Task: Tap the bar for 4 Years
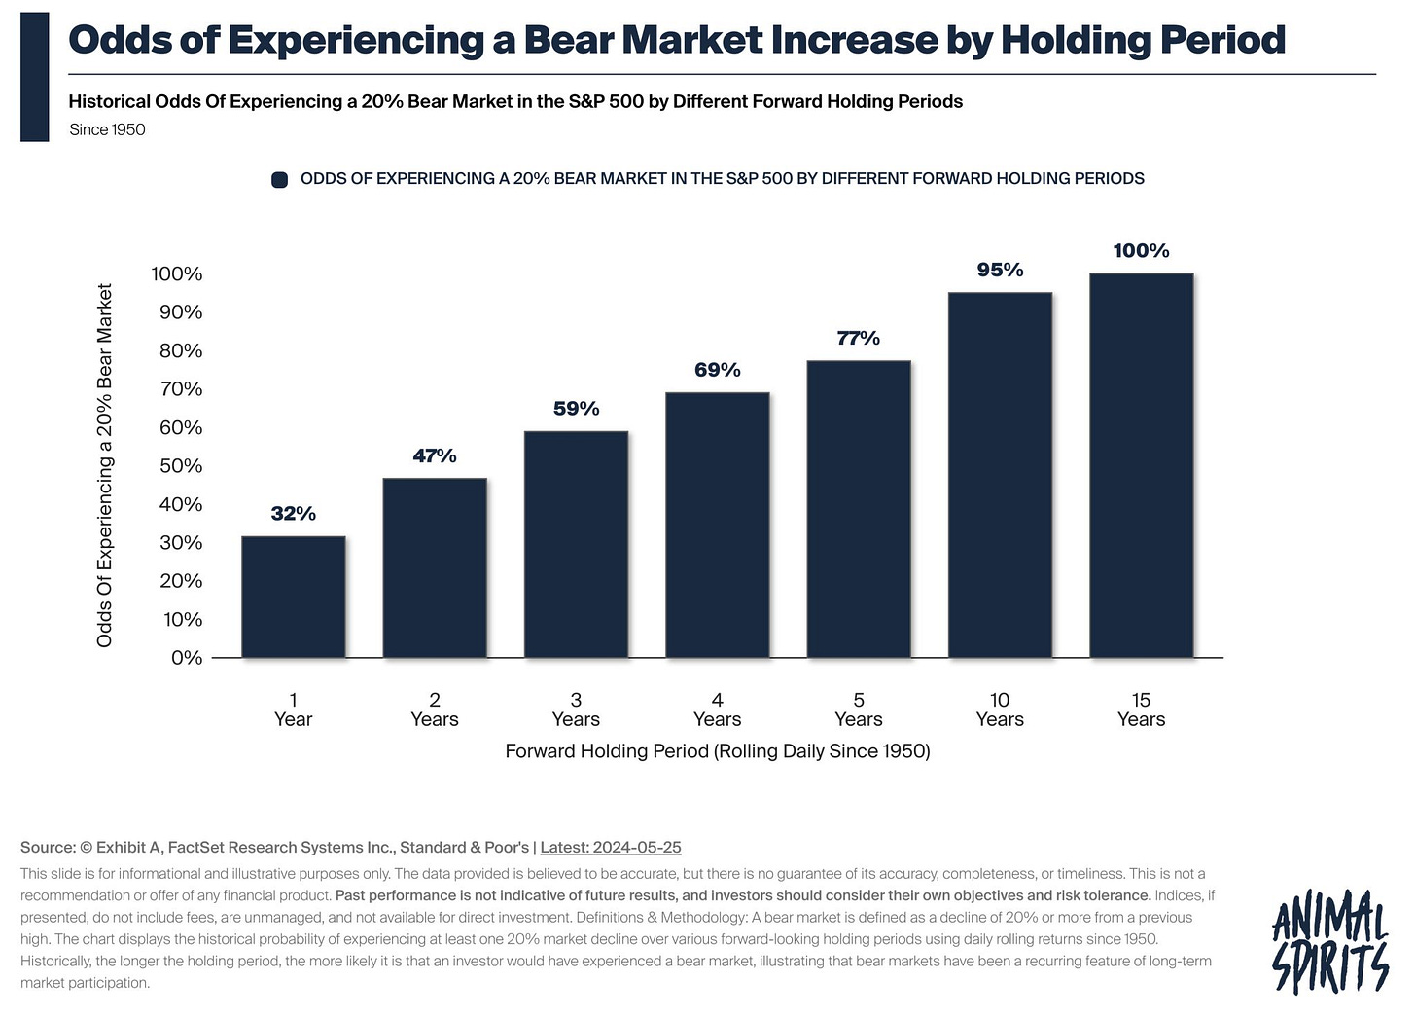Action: coord(717,525)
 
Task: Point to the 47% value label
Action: coord(434,455)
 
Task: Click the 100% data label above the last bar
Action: coord(1141,251)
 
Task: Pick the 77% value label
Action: coord(858,338)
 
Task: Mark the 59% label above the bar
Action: coord(576,409)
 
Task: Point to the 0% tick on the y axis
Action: coord(186,658)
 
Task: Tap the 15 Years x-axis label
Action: coord(1141,710)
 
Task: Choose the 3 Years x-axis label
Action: coord(576,710)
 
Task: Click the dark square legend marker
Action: coord(280,180)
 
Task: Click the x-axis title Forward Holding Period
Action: coord(717,751)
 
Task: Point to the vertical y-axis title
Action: coord(105,465)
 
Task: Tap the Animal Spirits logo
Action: coord(1329,940)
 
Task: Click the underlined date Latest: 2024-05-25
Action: coord(610,848)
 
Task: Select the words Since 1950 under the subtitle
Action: coord(107,130)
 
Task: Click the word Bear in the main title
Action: coord(566,40)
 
